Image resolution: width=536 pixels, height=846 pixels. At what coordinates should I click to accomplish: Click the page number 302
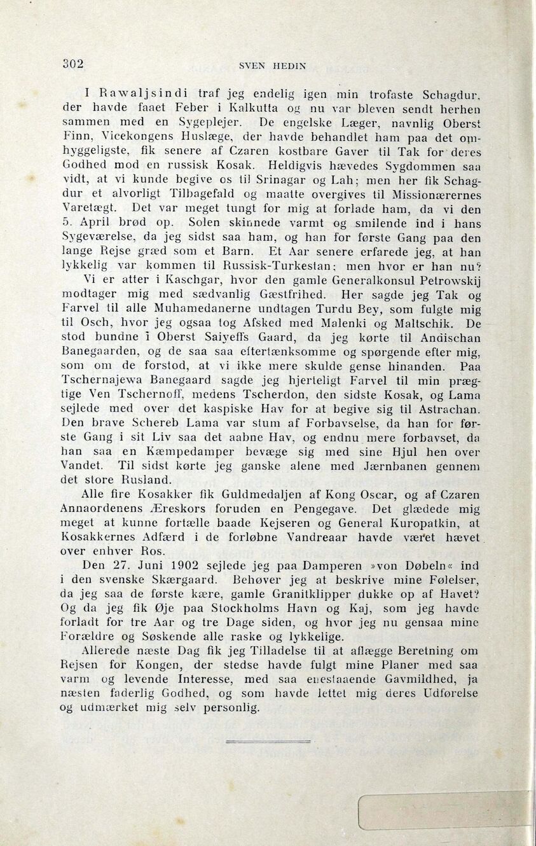(73, 63)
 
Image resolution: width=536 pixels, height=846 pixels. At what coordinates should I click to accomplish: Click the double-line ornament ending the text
(267, 741)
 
